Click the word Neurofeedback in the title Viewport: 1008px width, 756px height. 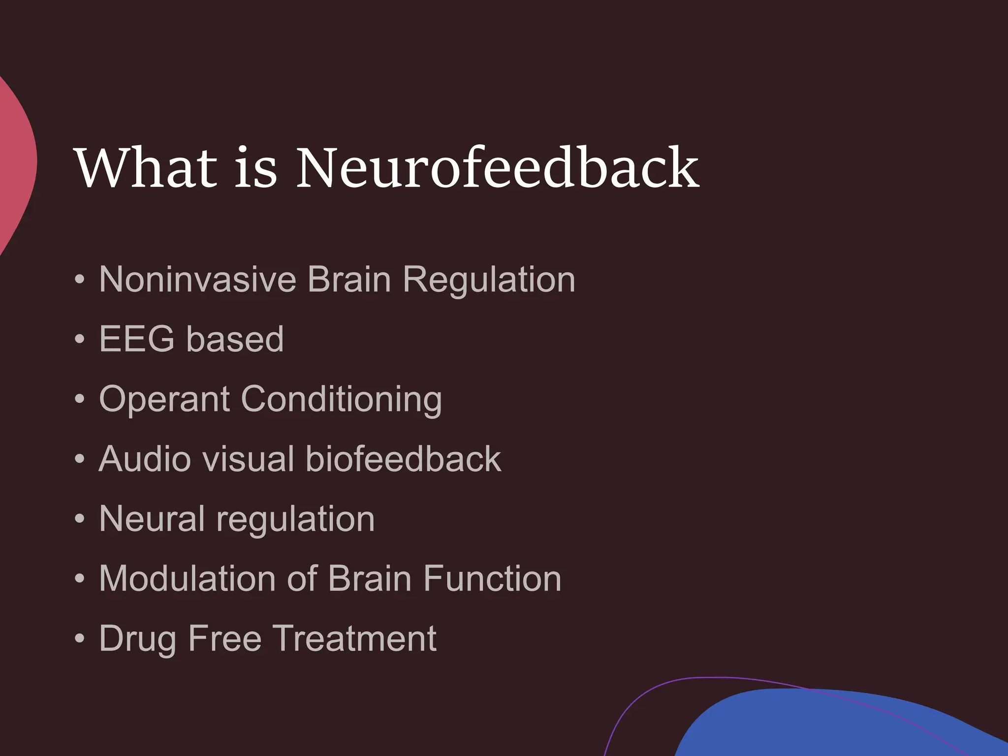[x=497, y=168]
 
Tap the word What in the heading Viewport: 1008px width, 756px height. [x=146, y=168]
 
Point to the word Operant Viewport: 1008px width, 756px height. [x=164, y=400]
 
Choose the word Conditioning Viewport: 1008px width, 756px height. [x=342, y=399]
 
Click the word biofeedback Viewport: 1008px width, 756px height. [x=403, y=459]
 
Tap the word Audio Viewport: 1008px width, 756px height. [x=145, y=459]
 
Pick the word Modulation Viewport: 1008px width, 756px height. [x=187, y=578]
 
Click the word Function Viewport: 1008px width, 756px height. [x=492, y=578]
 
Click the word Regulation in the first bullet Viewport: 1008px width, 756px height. [x=489, y=280]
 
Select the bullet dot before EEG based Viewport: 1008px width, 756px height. [x=80, y=340]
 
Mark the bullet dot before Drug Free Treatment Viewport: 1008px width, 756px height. [x=80, y=639]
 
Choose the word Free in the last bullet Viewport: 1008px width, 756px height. [x=224, y=638]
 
